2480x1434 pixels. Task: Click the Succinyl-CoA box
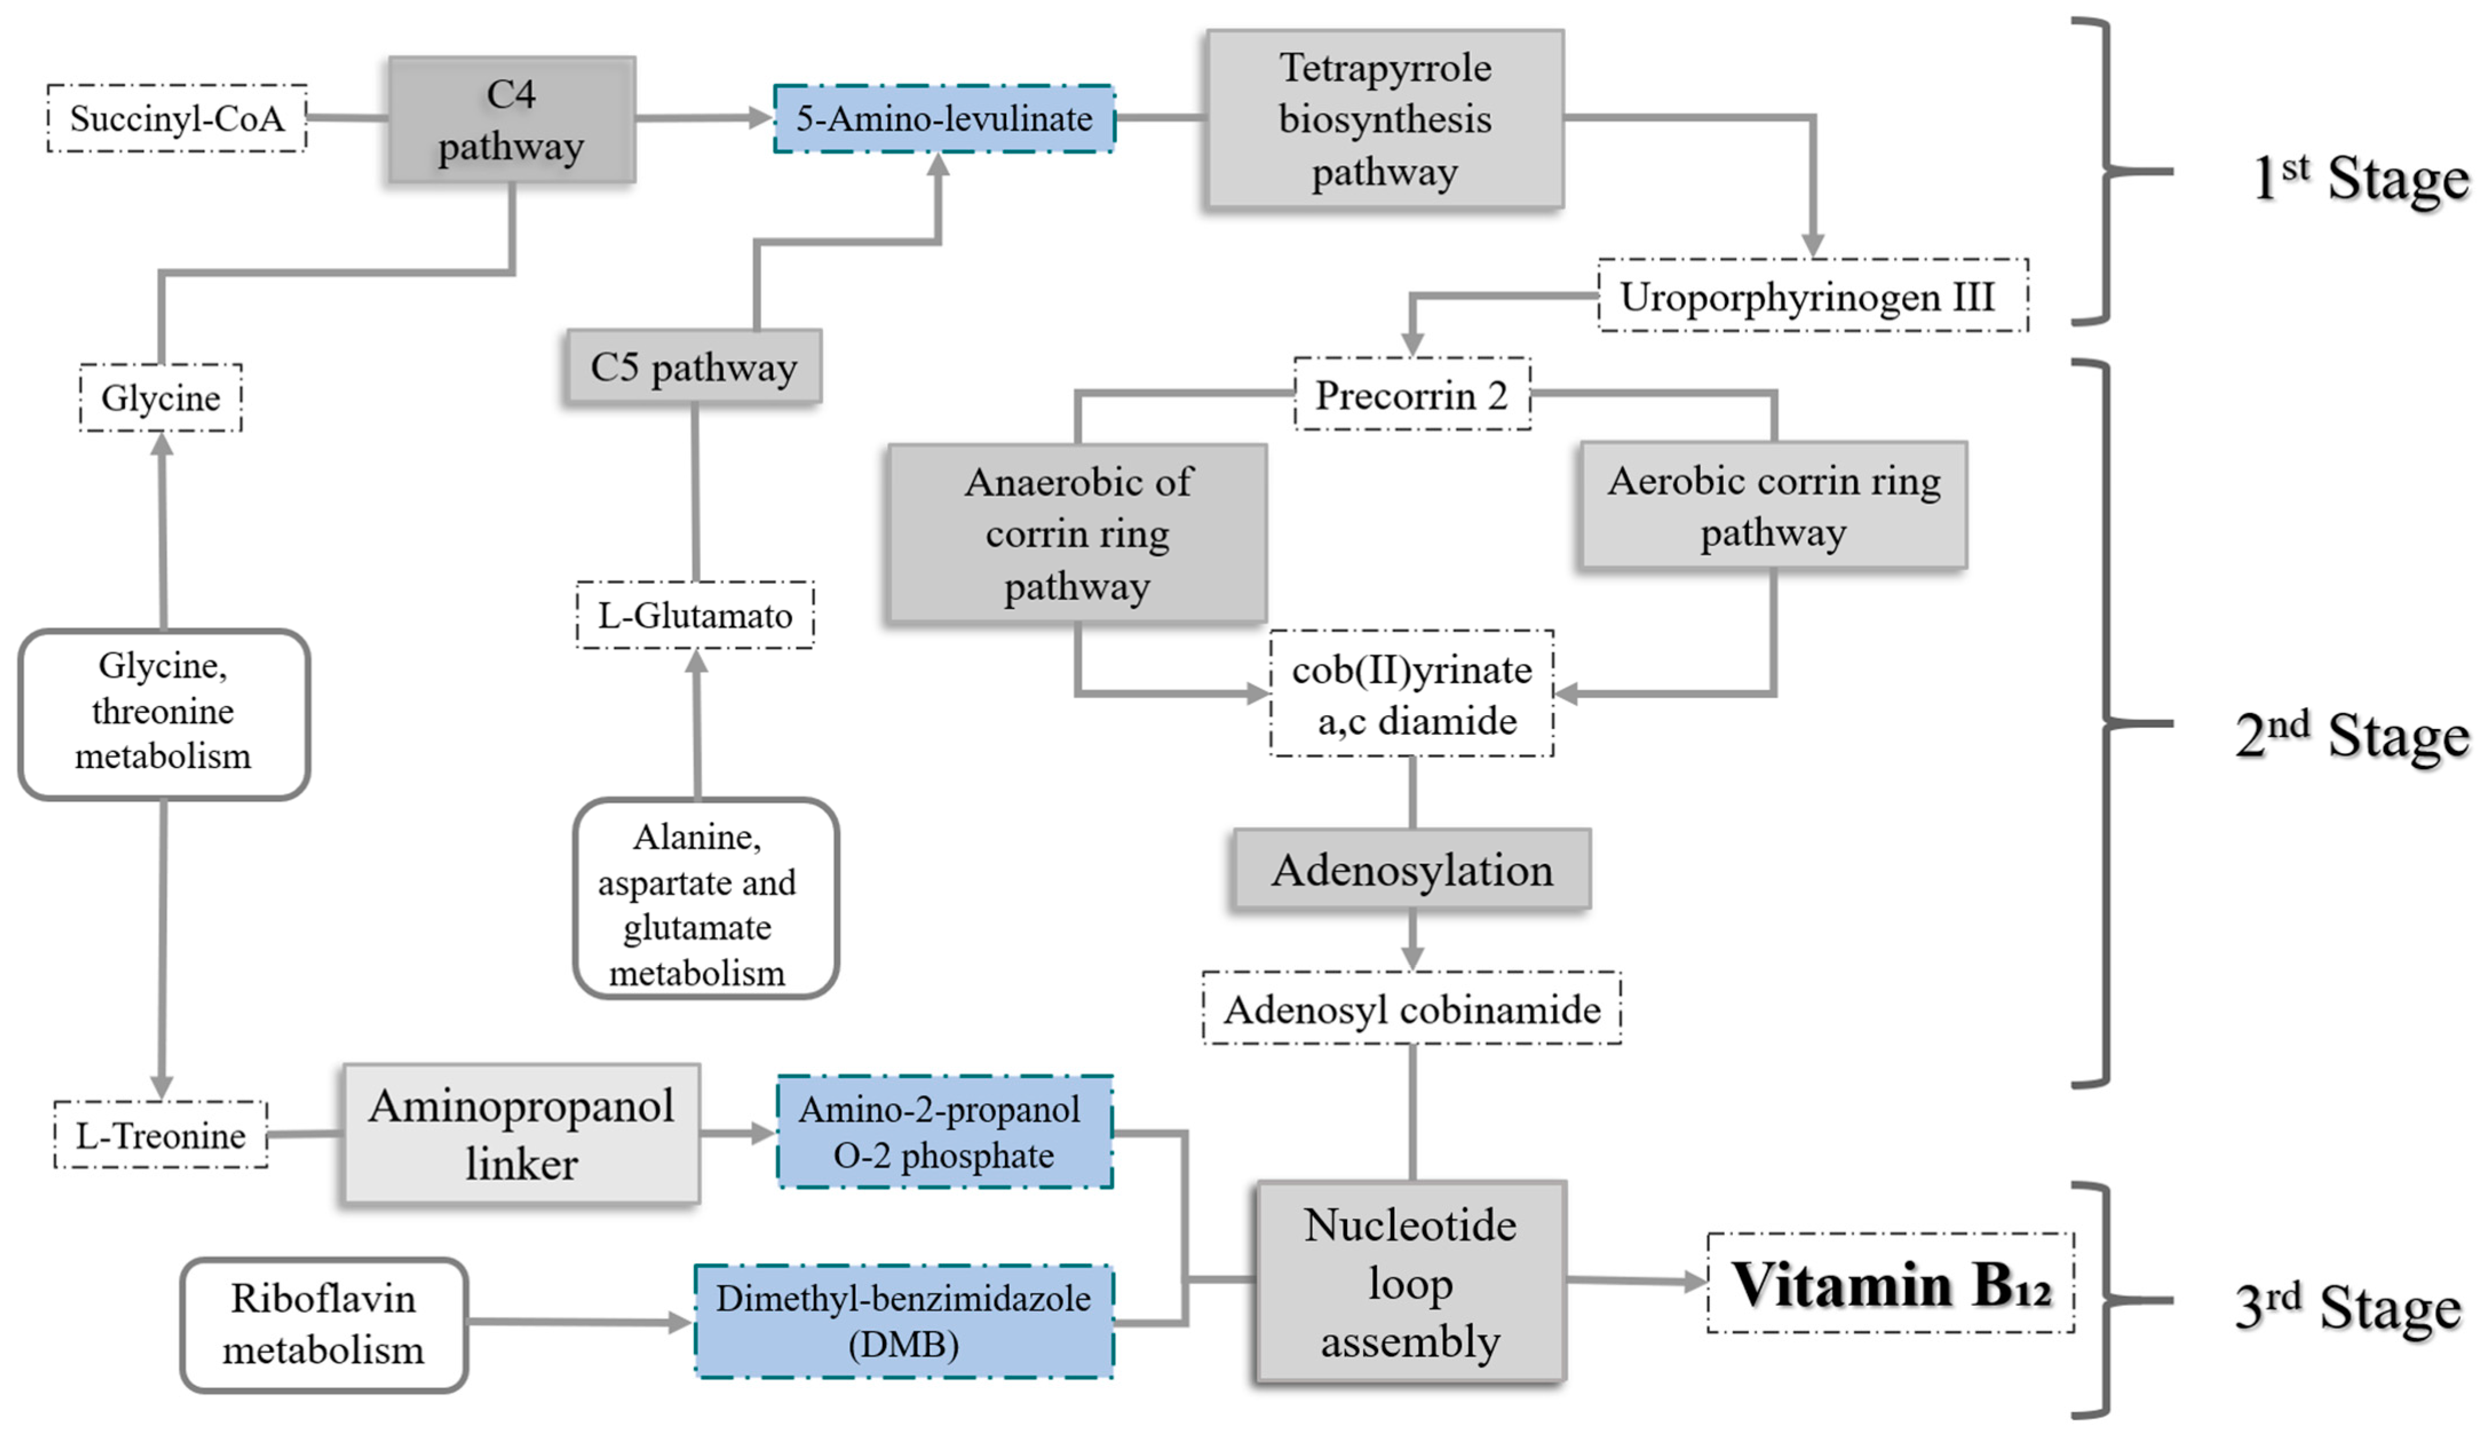177,118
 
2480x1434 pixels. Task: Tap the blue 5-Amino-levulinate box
944,118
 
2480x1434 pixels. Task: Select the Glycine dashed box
160,398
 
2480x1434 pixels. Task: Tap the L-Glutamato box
695,615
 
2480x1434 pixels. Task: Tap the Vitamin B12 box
1891,1284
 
